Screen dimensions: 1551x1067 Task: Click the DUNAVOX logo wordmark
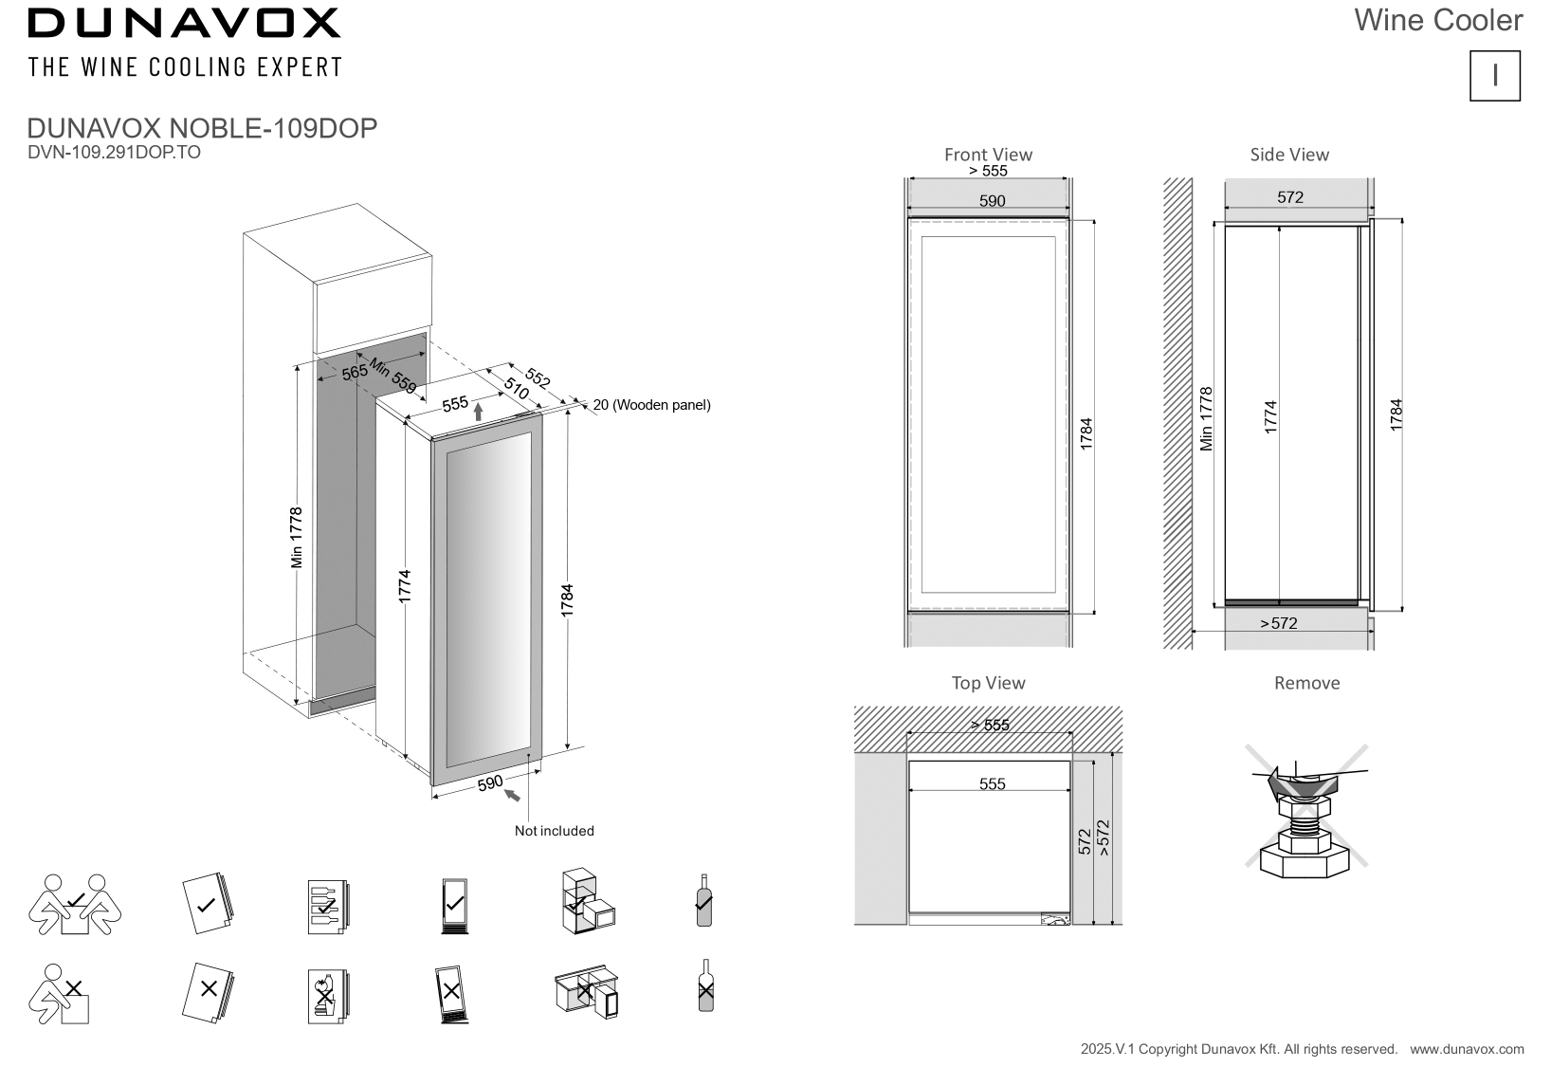[x=184, y=23]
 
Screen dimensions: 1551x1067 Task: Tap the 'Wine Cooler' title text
[x=1438, y=20]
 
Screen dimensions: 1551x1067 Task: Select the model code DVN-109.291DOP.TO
[x=115, y=152]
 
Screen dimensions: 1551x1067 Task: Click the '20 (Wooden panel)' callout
[x=652, y=405]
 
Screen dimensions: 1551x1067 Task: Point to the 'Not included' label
[x=555, y=831]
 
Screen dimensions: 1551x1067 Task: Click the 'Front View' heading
[x=988, y=155]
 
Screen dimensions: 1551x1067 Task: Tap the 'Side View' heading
[x=1289, y=155]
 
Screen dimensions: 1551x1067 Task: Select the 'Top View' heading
[x=989, y=683]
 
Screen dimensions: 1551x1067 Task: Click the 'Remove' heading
[x=1307, y=683]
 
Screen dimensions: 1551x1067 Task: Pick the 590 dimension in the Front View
[x=992, y=201]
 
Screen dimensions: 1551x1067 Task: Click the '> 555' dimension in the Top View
[x=990, y=726]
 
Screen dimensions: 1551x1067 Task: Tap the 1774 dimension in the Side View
[x=1271, y=417]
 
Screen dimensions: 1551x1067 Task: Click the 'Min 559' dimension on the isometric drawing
[x=392, y=376]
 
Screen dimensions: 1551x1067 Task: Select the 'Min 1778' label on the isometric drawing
[x=297, y=538]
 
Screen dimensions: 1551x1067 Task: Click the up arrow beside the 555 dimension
[x=479, y=411]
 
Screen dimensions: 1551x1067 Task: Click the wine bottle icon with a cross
[x=704, y=985]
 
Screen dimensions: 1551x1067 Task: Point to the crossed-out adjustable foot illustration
[x=1306, y=807]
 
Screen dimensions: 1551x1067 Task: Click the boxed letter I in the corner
[x=1495, y=76]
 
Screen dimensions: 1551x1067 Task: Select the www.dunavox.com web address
[x=1467, y=1049]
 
